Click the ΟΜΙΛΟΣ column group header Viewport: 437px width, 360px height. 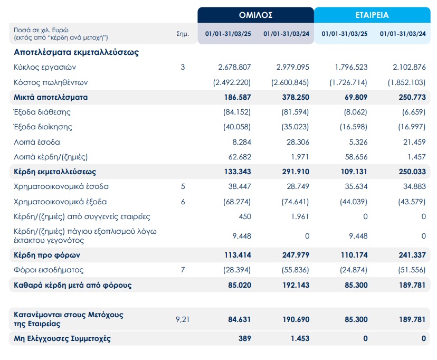click(255, 15)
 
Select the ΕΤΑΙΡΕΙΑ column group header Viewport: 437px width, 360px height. click(372, 15)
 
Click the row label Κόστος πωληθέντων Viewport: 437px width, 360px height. click(51, 82)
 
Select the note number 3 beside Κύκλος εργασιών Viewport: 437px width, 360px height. click(183, 67)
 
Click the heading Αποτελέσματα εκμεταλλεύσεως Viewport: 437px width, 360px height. click(76, 52)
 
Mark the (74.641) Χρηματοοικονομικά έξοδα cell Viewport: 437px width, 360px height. click(292, 202)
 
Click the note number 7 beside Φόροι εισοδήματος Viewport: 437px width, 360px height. click(183, 270)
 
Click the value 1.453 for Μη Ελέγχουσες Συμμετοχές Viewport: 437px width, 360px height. click(299, 338)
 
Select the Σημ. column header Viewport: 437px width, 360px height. click(182, 33)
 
